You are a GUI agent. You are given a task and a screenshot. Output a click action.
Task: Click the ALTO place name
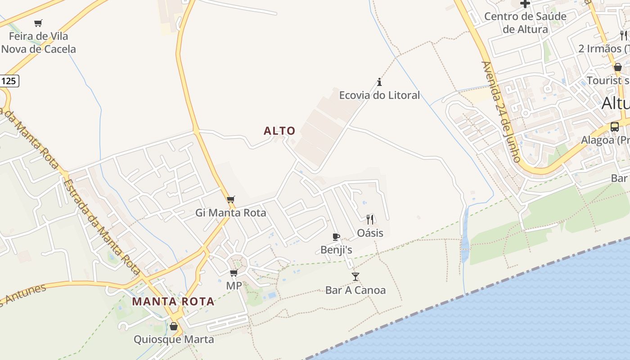click(x=279, y=131)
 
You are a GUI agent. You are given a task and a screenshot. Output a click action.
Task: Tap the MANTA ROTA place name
click(x=173, y=301)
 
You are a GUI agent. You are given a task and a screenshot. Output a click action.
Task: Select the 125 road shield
click(x=9, y=81)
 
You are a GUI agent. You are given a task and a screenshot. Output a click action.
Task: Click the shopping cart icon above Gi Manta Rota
click(x=231, y=199)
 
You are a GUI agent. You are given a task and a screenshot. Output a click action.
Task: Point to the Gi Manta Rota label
click(x=231, y=213)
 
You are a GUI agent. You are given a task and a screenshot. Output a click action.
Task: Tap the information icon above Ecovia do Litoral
click(x=379, y=82)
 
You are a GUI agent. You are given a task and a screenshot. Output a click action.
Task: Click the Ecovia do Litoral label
click(x=379, y=95)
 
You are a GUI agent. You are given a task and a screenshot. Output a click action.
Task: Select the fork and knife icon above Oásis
click(x=370, y=219)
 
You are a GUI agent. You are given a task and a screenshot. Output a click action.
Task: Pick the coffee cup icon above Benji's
click(x=336, y=237)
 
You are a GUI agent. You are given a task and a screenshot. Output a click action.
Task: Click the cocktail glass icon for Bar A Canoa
click(x=355, y=276)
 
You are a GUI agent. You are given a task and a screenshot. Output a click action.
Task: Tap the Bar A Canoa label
click(x=355, y=290)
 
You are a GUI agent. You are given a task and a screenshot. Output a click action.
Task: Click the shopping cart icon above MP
click(x=234, y=273)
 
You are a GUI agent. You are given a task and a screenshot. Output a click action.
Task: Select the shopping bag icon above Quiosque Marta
click(x=174, y=326)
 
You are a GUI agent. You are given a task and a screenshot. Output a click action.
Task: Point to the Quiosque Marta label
click(x=174, y=339)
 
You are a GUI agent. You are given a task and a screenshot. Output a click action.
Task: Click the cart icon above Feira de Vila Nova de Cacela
click(x=38, y=23)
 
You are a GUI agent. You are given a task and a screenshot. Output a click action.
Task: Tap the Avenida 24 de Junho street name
click(x=501, y=112)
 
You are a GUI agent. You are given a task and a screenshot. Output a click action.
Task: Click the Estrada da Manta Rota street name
click(x=101, y=227)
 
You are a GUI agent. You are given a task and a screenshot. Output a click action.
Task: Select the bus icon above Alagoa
click(x=615, y=126)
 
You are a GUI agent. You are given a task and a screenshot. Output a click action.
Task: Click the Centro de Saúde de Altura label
click(x=525, y=23)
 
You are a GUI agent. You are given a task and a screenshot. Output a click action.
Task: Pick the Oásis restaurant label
click(x=370, y=233)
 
